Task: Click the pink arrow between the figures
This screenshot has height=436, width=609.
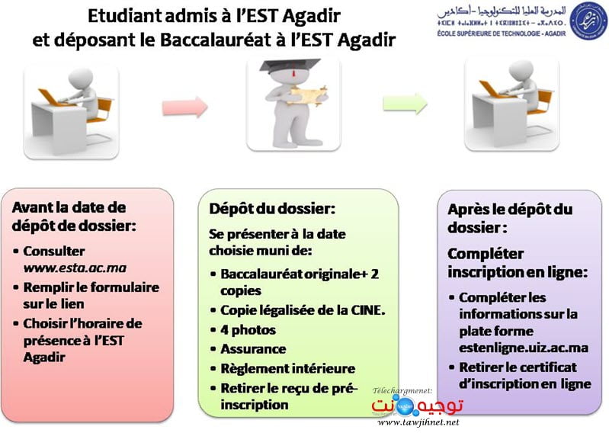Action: point(185,106)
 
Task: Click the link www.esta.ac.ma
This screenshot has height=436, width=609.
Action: point(75,268)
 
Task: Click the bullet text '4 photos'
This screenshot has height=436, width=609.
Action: point(248,330)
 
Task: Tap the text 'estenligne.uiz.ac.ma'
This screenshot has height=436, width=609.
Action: point(524,348)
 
